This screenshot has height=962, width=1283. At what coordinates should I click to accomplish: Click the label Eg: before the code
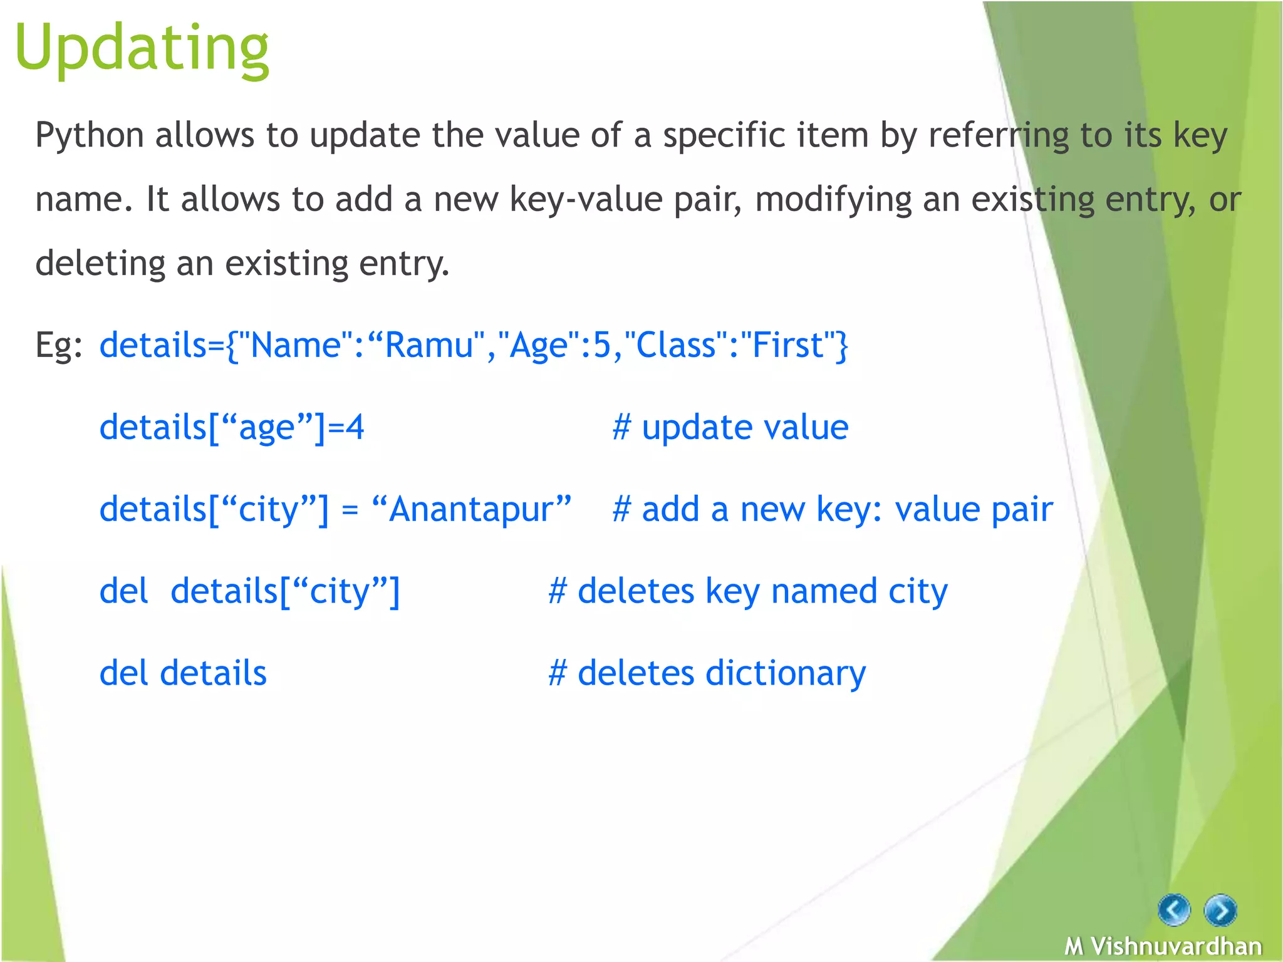(x=58, y=345)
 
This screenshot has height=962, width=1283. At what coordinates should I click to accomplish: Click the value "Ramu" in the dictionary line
(x=428, y=345)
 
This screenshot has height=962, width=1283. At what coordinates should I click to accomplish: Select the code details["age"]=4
(x=232, y=428)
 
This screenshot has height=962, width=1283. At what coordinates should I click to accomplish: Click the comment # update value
(x=730, y=428)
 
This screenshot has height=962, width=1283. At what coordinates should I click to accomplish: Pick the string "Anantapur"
(x=471, y=509)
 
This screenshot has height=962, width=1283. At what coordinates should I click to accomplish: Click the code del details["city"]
(x=249, y=592)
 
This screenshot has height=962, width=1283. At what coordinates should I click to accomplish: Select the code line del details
(x=183, y=673)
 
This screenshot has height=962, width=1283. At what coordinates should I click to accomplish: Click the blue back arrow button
(x=1174, y=909)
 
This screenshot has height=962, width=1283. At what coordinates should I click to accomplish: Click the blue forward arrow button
(x=1220, y=910)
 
